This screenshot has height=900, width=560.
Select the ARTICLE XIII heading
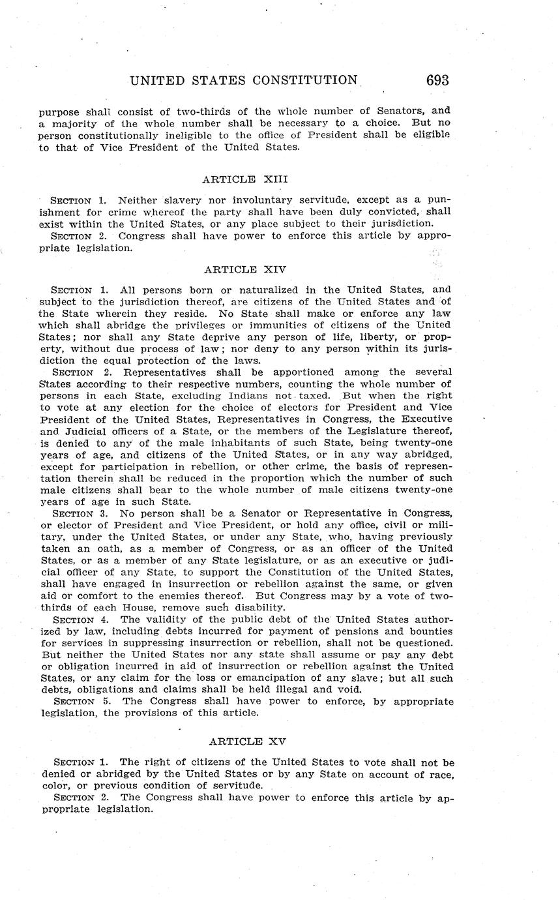[245, 179]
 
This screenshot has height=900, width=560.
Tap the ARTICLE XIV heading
[245, 269]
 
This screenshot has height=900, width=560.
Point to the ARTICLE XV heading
[246, 742]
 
